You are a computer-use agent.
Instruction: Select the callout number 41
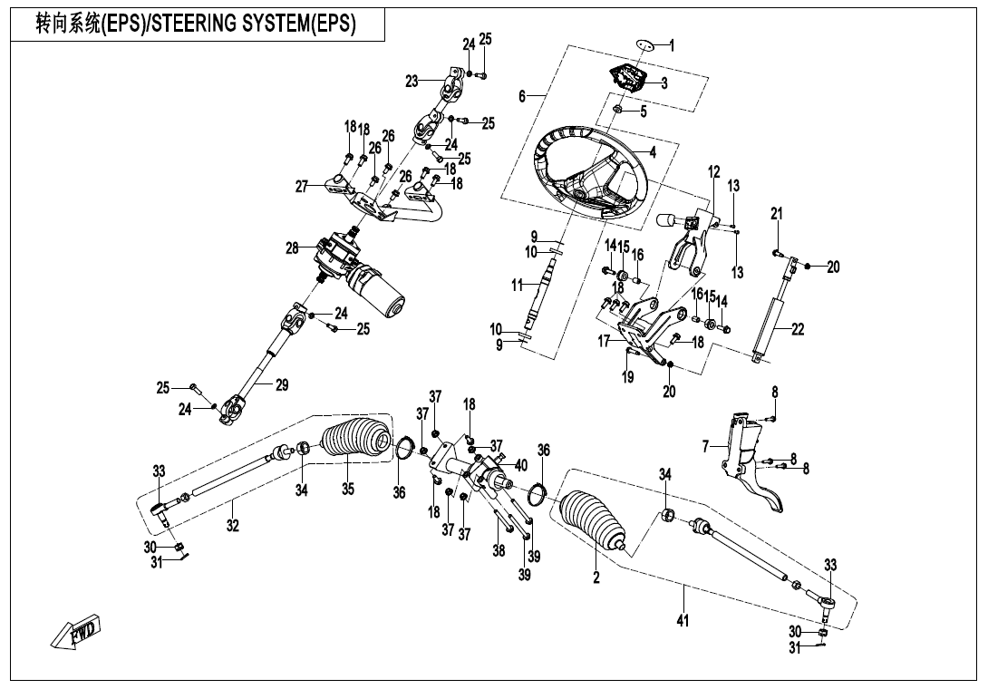(x=683, y=621)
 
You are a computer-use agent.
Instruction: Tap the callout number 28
(x=291, y=247)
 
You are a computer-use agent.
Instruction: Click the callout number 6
(x=522, y=97)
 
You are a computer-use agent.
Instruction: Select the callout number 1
(x=672, y=45)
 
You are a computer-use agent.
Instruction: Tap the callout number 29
(x=282, y=385)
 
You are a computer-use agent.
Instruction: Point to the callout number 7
(x=705, y=446)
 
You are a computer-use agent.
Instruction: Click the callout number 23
(x=412, y=82)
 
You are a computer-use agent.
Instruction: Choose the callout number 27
(x=303, y=187)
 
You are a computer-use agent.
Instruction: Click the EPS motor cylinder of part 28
(x=385, y=295)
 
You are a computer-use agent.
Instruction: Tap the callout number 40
(x=520, y=465)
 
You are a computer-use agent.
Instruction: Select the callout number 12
(x=713, y=171)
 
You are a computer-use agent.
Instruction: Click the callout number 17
(x=604, y=343)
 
